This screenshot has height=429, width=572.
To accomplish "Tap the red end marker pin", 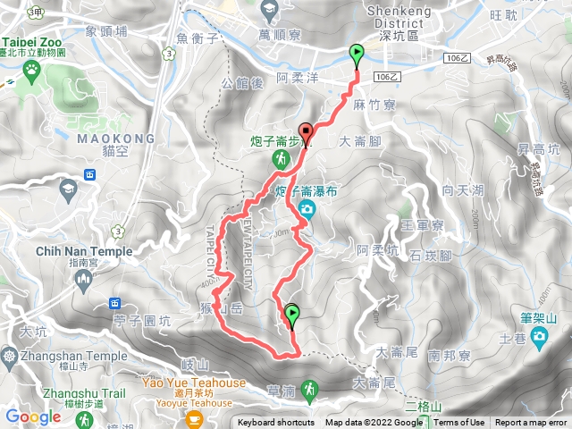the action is (306, 132).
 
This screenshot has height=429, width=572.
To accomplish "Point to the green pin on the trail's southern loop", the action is (292, 315).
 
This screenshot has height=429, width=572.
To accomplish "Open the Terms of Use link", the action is (459, 423).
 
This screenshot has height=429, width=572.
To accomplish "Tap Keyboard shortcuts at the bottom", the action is (276, 423).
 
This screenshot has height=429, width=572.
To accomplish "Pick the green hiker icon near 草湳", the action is (309, 389).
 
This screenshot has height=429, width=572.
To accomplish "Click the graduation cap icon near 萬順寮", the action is (269, 11).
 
